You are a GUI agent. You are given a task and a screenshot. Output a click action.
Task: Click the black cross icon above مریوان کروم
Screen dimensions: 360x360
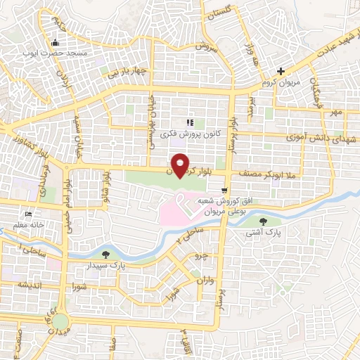coord(281,71)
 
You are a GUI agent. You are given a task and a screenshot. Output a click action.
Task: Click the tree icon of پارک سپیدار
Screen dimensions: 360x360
coord(105,255)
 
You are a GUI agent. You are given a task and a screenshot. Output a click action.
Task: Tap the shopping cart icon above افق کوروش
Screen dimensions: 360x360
coord(224,190)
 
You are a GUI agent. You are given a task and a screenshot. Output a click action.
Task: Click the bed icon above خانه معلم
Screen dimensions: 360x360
coord(28,214)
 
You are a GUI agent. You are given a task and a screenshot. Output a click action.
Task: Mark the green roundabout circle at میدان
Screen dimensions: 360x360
coord(59,323)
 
